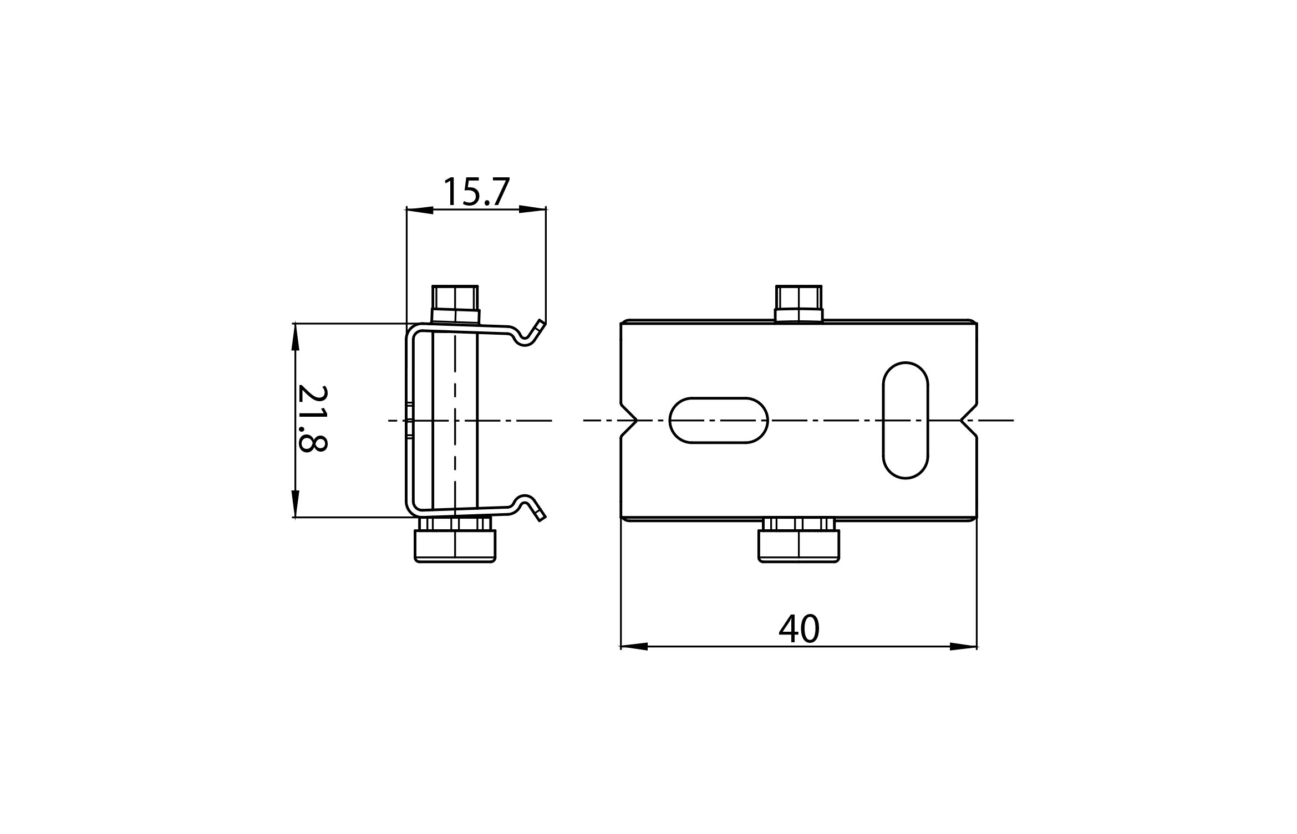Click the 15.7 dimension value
pyautogui.click(x=476, y=192)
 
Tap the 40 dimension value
pyautogui.click(x=799, y=628)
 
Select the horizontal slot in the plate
pyautogui.click(x=719, y=420)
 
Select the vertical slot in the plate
pyautogui.click(x=905, y=419)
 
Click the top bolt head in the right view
pyautogui.click(x=798, y=303)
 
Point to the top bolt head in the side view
pyautogui.click(x=455, y=303)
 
